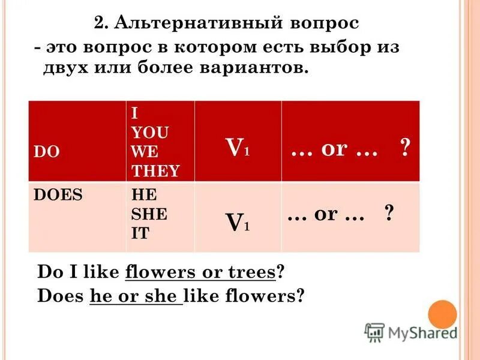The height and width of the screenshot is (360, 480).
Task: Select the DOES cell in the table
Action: point(58,195)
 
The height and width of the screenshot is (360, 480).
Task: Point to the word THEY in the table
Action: point(155,171)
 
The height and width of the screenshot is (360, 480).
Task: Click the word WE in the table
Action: point(143,152)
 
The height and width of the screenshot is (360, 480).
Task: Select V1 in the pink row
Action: point(238,223)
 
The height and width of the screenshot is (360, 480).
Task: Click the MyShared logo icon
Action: point(374,332)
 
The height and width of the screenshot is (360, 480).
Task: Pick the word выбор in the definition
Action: point(338,47)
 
